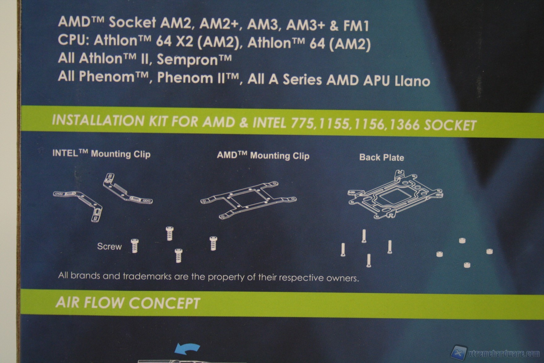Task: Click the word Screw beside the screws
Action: [x=109, y=246]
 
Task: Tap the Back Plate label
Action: [x=382, y=157]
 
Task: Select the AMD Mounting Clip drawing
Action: [x=248, y=200]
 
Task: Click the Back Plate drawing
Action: [x=395, y=195]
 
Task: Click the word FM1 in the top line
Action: [x=356, y=26]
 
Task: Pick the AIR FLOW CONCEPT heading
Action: [x=128, y=303]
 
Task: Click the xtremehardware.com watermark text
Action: [x=504, y=354]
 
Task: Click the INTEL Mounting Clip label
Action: [x=101, y=154]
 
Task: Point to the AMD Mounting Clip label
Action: [x=263, y=156]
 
